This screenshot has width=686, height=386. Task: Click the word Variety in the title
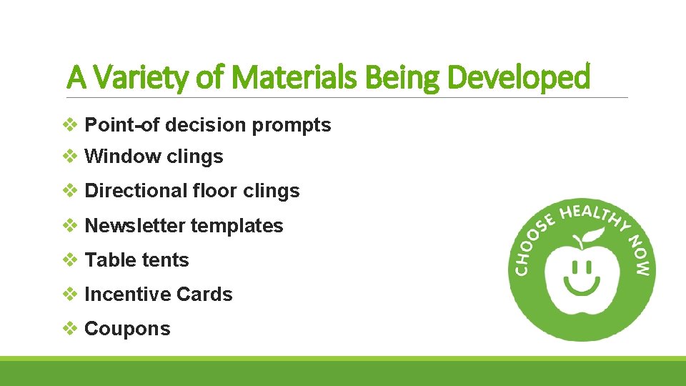136,76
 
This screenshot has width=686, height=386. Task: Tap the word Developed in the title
518,76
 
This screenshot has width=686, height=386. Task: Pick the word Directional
136,191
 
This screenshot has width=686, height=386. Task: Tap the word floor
215,191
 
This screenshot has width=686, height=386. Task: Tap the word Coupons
127,329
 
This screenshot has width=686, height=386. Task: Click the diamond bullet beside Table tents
71,260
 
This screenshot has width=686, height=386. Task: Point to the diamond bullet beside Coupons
71,329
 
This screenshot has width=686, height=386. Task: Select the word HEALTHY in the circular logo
592,214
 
